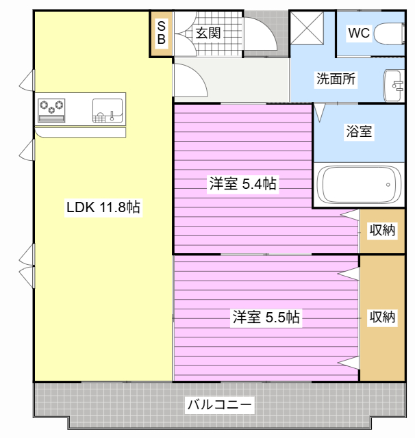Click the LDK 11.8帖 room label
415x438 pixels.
coord(103,207)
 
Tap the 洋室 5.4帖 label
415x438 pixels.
coord(243,183)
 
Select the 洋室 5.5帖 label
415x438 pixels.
coord(266,317)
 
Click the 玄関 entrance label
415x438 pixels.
coord(207,32)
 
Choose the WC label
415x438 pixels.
coord(358,33)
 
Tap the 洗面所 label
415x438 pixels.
coord(336,78)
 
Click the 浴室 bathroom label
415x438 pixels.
coord(358,131)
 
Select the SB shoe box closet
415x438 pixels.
coord(161,33)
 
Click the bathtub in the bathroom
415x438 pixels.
coord(357,184)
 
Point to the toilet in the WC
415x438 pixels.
coord(392,33)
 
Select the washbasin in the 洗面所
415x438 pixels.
coord(394,86)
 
